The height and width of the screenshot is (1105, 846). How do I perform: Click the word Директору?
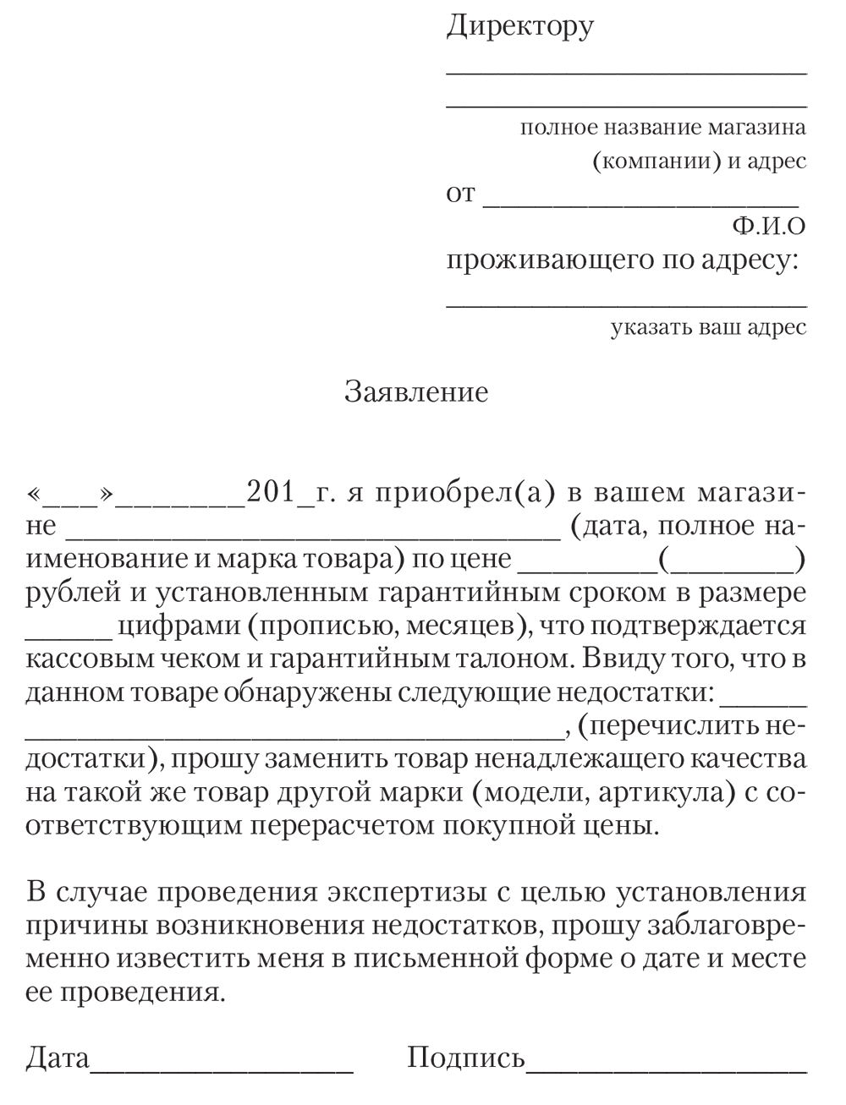tap(519, 26)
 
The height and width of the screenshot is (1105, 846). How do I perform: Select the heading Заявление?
tap(416, 392)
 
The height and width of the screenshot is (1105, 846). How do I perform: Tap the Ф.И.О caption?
tap(769, 227)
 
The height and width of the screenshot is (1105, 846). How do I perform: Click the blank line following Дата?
tap(222, 1067)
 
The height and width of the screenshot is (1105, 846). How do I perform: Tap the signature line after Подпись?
tap(666, 1067)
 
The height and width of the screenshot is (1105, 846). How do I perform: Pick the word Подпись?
tap(466, 1059)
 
